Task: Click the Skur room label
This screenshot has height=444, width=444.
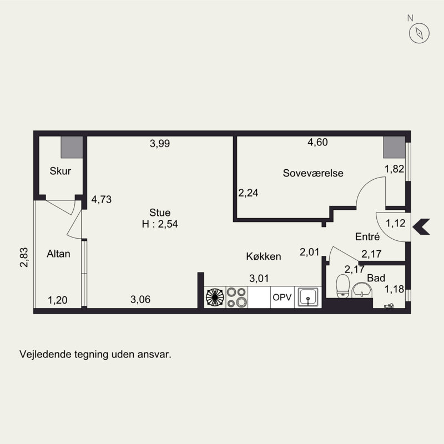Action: [x=60, y=171]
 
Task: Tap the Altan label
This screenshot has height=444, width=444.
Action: [x=58, y=254]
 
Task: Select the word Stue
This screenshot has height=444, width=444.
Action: [x=160, y=213]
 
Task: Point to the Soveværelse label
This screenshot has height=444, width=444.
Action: [x=313, y=173]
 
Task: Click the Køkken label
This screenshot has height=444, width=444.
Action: [x=263, y=256]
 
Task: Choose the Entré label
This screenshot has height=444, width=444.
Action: [x=367, y=236]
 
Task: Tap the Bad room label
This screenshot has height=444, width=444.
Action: [x=376, y=278]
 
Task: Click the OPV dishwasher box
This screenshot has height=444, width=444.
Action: [x=282, y=297]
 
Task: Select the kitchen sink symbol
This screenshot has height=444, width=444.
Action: [x=308, y=297]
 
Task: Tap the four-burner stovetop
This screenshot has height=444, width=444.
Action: [x=237, y=297]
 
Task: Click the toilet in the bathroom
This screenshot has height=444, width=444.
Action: [x=342, y=286]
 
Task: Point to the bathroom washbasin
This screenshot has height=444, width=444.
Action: [x=362, y=290]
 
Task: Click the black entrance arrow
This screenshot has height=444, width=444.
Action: [x=421, y=227]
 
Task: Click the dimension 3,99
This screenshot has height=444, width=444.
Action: [x=160, y=144]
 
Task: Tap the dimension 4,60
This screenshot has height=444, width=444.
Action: [x=317, y=142]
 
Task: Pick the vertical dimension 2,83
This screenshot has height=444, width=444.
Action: [x=24, y=258]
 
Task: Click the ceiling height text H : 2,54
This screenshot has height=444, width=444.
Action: [x=160, y=224]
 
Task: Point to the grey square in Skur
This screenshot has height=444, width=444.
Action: [x=72, y=147]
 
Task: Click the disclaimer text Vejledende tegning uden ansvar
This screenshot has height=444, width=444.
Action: [x=95, y=355]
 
